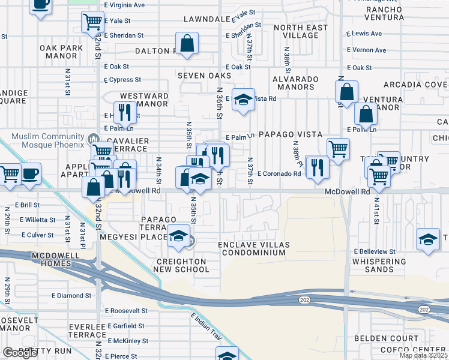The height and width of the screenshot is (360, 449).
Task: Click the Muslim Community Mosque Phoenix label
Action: (42, 140)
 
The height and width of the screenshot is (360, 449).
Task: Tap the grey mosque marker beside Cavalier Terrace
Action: (94, 140)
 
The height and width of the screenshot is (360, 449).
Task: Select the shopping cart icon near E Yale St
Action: (93, 22)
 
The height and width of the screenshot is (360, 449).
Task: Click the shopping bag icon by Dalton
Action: (187, 43)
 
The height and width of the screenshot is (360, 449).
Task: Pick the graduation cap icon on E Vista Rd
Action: (243, 100)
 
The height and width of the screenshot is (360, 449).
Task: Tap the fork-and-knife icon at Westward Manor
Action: (125, 111)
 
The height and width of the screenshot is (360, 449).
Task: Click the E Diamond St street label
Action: (71, 295)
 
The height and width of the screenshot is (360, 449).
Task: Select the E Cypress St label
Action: (121, 79)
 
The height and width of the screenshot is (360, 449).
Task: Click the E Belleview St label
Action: (375, 251)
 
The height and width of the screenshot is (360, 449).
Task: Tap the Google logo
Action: (20, 353)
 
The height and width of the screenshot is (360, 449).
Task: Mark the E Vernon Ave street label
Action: (367, 50)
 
